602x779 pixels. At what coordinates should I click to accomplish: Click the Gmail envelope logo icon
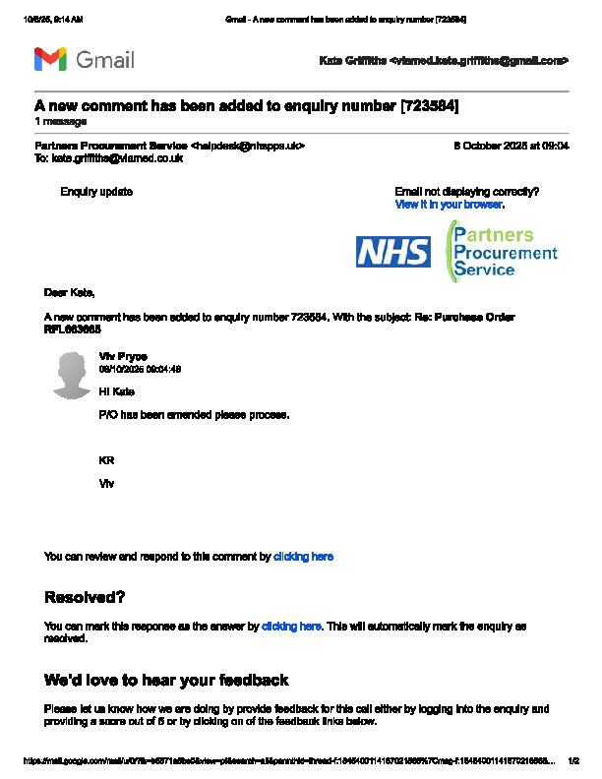(x=50, y=60)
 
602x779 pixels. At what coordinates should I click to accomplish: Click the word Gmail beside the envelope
(x=104, y=60)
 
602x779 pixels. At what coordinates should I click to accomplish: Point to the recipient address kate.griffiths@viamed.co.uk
(x=117, y=157)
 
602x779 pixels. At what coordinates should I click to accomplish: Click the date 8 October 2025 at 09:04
(x=511, y=146)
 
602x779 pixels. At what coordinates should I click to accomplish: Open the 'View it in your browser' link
(x=449, y=205)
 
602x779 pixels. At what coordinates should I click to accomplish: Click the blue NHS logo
(x=392, y=252)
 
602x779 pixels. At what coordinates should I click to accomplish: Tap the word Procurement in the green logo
(x=505, y=253)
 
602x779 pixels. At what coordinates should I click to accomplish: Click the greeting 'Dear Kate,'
(x=70, y=292)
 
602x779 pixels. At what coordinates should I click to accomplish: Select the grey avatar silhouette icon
(x=73, y=377)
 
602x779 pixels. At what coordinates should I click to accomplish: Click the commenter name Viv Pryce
(x=123, y=356)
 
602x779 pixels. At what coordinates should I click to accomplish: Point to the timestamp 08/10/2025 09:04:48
(x=140, y=369)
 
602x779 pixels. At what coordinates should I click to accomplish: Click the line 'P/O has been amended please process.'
(x=195, y=415)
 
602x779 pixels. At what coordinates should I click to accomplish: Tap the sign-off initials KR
(x=106, y=459)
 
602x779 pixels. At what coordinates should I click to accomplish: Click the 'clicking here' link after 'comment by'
(x=303, y=557)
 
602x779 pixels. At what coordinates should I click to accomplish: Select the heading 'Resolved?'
(x=85, y=597)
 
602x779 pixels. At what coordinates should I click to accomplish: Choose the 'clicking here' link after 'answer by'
(x=291, y=626)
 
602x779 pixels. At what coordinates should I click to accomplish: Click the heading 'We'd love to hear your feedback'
(x=166, y=680)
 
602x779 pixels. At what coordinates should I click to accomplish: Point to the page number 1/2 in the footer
(x=575, y=760)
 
